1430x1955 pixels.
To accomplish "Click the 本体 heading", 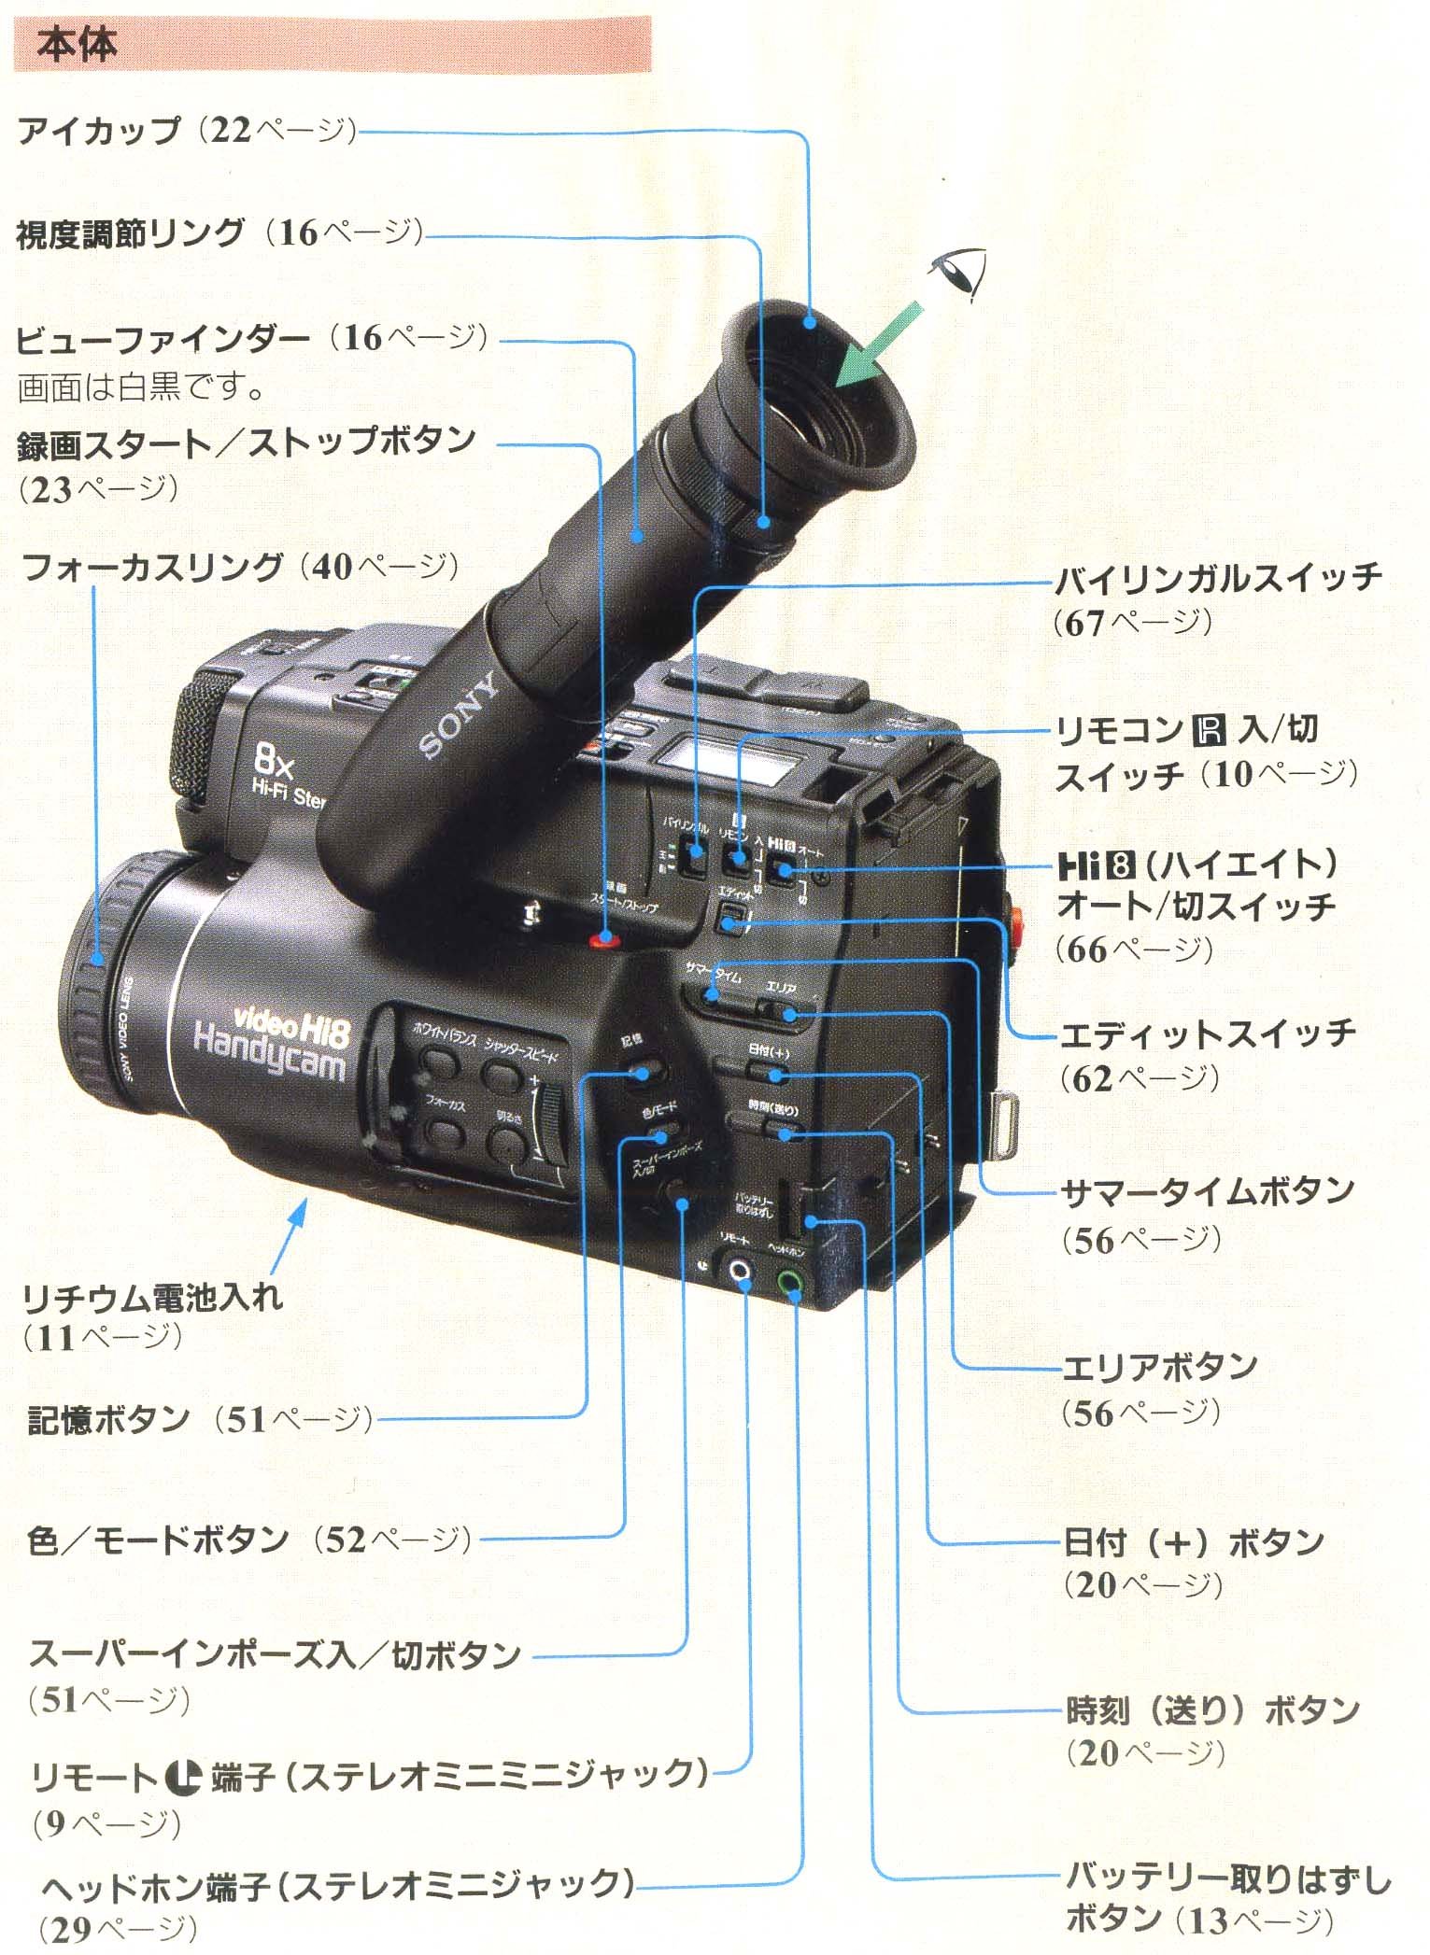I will (77, 45).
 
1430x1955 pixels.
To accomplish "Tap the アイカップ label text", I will (99, 131).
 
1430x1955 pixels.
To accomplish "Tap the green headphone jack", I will (790, 1281).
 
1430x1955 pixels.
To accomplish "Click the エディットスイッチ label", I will (1208, 1034).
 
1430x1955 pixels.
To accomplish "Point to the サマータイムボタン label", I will (1208, 1191).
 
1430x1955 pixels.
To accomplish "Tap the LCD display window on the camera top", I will (728, 757).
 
